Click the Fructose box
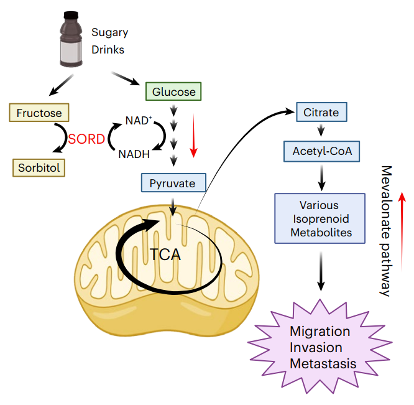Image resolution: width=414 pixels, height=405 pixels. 39,113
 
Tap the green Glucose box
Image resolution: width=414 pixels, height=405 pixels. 174,92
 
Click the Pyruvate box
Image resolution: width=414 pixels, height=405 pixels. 172,184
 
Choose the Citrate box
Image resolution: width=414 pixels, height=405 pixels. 321,112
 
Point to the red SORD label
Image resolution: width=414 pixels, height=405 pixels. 87,138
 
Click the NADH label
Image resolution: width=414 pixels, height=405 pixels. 134,154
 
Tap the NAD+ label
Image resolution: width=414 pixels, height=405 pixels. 138,120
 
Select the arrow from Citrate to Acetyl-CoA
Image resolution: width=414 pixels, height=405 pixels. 321,131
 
